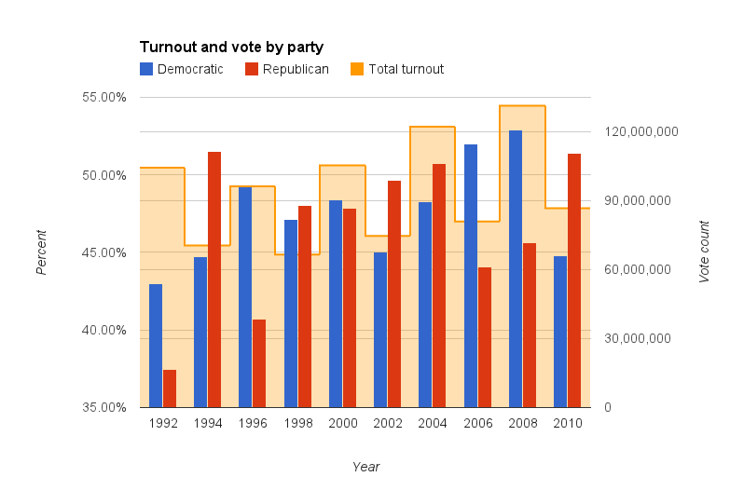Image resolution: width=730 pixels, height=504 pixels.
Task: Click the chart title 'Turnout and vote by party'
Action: point(231,47)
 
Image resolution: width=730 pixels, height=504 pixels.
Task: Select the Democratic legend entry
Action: point(181,69)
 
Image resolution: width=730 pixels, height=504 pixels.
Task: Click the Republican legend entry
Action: point(286,69)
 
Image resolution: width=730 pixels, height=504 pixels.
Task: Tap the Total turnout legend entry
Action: point(396,69)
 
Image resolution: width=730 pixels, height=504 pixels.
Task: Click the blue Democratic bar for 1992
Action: point(156,346)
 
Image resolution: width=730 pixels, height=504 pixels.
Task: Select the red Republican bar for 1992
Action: point(170,388)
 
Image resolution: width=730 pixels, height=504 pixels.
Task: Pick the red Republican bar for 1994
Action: point(214,279)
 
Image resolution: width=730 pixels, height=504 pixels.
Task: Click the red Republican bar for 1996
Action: point(259,363)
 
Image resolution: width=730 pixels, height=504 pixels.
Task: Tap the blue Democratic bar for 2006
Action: point(471,276)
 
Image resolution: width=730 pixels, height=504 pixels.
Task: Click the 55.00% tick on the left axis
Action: point(106,97)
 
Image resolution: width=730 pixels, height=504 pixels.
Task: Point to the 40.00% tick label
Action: point(106,330)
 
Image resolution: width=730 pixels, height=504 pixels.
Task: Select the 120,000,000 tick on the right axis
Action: point(640,131)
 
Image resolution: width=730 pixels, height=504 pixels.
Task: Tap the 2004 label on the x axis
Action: point(433,423)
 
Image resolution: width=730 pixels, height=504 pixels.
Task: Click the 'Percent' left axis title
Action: point(41,252)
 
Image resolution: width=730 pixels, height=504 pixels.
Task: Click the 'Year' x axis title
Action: point(365,467)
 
